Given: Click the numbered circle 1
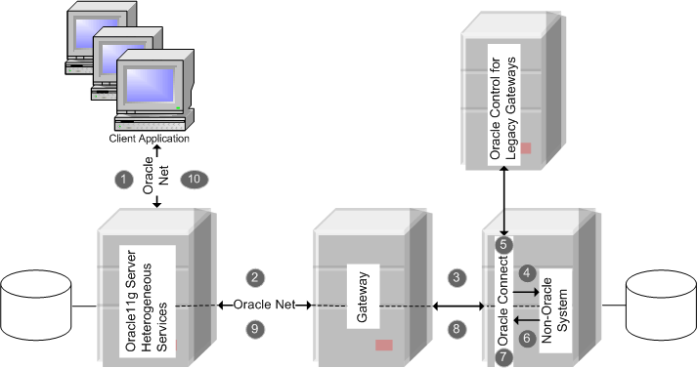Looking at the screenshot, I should click(123, 180).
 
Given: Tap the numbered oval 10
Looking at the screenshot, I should click(194, 180).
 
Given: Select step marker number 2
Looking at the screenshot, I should click(256, 278).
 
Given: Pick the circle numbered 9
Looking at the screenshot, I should click(256, 330).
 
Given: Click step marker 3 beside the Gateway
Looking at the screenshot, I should click(456, 278).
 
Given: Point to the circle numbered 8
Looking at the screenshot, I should click(456, 330).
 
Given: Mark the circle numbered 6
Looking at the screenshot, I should click(526, 338).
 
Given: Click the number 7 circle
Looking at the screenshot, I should click(503, 357).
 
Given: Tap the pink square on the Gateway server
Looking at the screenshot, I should click(384, 345).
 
